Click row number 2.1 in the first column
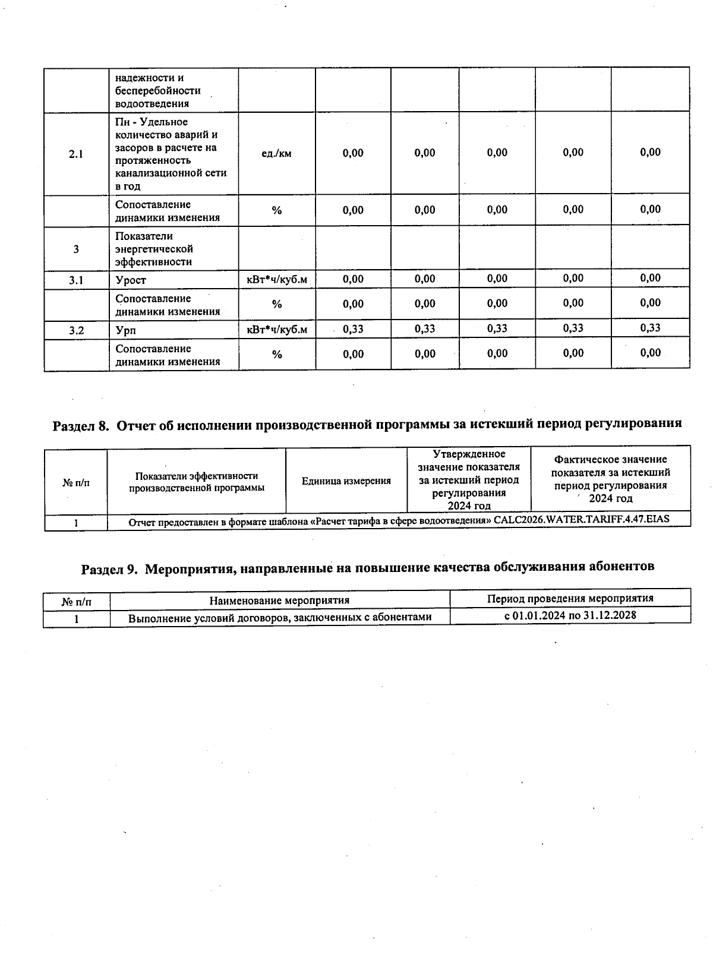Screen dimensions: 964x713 point(76,154)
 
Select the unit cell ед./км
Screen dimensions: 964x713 point(277,153)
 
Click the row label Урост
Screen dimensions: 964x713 point(131,280)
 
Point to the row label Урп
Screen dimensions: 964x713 point(125,330)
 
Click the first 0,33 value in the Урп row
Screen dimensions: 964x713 point(353,329)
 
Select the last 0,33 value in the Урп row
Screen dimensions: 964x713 point(651,328)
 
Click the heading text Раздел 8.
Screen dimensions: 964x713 point(81,425)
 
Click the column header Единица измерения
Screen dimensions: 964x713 point(346,481)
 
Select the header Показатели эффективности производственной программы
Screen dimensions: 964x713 point(197,482)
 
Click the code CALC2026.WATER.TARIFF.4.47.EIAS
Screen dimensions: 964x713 point(582,519)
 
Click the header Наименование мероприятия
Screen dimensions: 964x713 point(279,601)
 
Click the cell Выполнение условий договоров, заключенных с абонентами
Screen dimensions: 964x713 point(280,618)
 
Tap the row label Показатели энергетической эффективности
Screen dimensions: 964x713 point(154,249)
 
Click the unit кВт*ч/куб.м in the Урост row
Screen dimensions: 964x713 point(277,279)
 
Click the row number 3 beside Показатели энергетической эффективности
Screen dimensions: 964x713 point(76,249)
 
